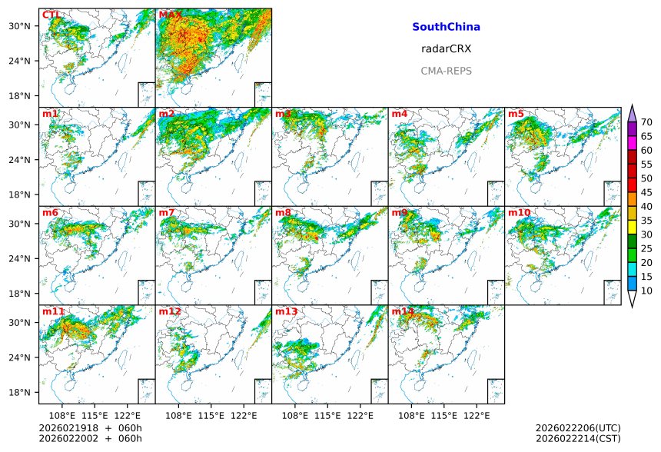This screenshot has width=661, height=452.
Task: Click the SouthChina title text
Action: click(x=446, y=27)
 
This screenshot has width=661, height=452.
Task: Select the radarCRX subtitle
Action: click(x=446, y=48)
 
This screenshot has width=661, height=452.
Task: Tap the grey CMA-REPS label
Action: click(x=446, y=71)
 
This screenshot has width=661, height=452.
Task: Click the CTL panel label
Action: click(x=51, y=15)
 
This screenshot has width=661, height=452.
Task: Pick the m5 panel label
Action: click(x=516, y=114)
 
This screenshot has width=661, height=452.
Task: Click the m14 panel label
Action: click(x=403, y=311)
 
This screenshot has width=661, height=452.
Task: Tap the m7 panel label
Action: click(x=167, y=212)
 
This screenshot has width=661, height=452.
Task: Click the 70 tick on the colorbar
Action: click(x=646, y=122)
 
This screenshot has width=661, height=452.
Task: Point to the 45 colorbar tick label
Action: click(x=646, y=192)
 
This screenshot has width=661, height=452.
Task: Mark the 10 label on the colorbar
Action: click(x=646, y=291)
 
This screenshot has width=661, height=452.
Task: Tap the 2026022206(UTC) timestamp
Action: click(x=578, y=428)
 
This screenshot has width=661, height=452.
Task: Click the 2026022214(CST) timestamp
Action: click(x=578, y=439)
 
